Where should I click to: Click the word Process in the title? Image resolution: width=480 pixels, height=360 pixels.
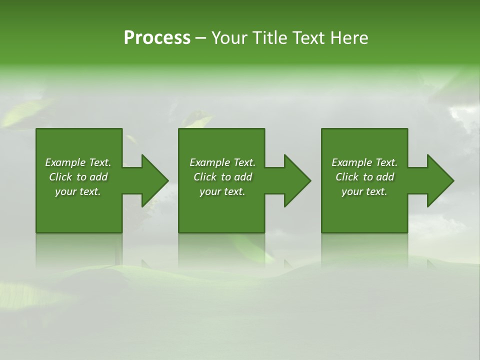157,38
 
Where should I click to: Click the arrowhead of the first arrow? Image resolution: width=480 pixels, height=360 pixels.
155,180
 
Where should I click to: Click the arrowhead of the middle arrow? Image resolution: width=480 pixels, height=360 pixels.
297,180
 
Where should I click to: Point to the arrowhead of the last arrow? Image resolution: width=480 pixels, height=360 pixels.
440,180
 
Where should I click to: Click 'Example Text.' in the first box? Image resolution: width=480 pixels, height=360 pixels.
78,162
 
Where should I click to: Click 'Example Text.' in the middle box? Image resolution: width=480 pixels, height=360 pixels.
222,162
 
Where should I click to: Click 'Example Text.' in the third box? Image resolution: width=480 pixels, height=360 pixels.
364,162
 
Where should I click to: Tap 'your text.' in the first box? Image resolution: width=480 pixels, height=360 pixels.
78,191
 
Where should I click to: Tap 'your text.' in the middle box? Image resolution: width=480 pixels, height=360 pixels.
222,191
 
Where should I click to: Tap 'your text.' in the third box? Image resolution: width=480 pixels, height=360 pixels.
364,191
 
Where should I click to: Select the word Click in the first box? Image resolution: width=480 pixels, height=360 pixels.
60,177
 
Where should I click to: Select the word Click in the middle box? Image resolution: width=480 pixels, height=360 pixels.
205,177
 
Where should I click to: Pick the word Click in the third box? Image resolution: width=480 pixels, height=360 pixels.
347,177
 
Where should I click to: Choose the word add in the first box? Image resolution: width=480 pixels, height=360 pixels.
99,177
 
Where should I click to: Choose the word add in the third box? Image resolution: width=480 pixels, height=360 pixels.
385,177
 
